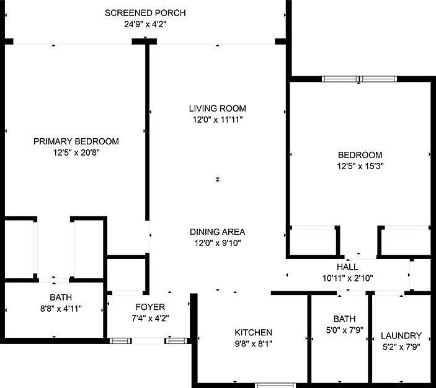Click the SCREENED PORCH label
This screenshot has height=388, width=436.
point(145,13)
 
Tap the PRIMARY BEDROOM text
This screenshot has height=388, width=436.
point(76,141)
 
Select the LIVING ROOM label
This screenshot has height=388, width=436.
point(218,108)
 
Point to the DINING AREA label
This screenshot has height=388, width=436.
point(218,232)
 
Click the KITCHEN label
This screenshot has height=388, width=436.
point(253,332)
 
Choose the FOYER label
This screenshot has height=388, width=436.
point(150,307)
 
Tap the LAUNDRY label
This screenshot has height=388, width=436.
point(401,335)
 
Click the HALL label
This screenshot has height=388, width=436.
point(347,267)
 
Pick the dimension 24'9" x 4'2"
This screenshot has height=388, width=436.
point(145,24)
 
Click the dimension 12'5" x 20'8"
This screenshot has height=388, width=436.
point(76,152)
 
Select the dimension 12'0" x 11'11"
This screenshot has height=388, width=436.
point(218,120)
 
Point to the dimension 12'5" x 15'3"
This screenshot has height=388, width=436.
point(360,166)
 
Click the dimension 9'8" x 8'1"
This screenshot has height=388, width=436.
point(253,343)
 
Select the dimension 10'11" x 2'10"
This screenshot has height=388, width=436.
point(347,278)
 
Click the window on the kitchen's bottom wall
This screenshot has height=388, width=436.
point(276,385)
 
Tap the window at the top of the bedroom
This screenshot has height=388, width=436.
point(360,79)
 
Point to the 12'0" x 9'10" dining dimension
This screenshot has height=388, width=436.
point(218,243)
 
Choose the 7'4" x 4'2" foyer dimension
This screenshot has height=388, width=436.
point(150,318)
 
